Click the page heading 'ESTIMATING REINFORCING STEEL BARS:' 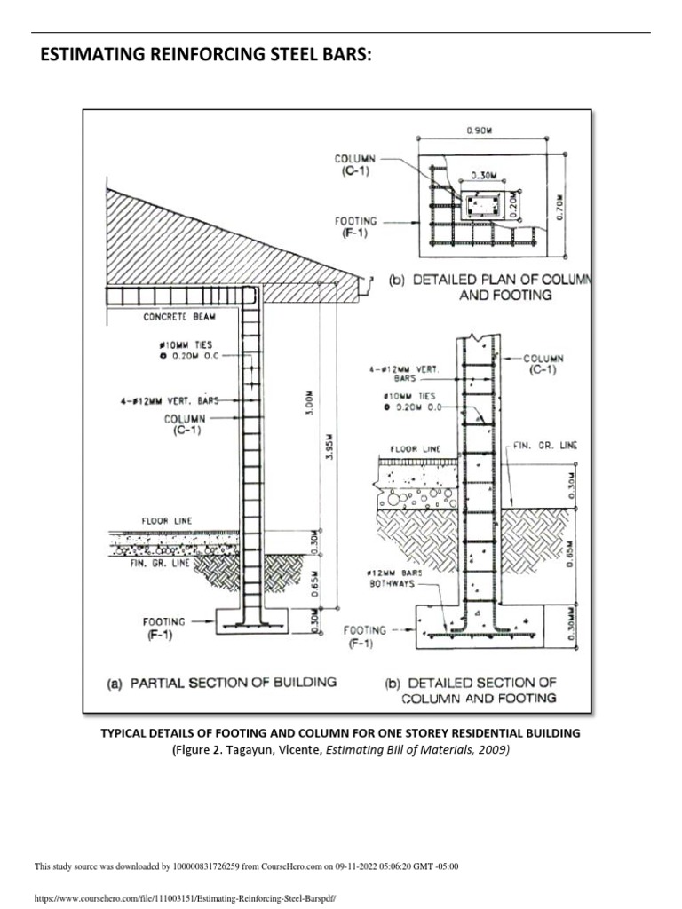pyautogui.click(x=203, y=56)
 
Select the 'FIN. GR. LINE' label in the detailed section pyautogui.click(x=544, y=446)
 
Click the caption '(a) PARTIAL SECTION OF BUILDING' pyautogui.click(x=222, y=683)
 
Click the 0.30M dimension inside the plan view pyautogui.click(x=483, y=187)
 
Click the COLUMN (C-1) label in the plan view pyautogui.click(x=355, y=165)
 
